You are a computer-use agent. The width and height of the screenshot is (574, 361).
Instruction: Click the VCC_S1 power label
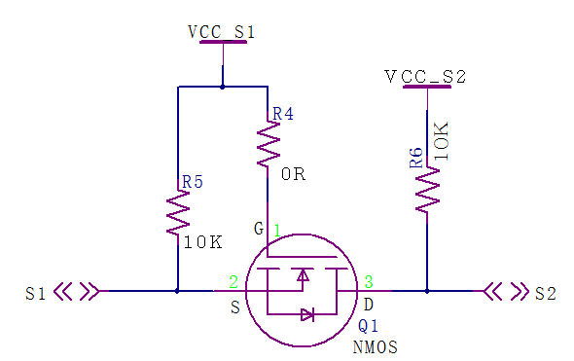coord(222,32)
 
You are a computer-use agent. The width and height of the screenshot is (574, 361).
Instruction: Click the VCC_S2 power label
coord(425,76)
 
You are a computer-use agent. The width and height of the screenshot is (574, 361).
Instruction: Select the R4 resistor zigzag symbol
coord(267,145)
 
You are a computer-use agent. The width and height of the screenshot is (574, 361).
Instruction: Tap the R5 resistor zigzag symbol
coord(178,211)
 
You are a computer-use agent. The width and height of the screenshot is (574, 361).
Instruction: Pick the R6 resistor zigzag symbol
coord(427,192)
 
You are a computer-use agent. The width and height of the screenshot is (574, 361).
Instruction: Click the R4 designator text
coord(282,115)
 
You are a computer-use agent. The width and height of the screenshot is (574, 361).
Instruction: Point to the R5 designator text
coord(193,181)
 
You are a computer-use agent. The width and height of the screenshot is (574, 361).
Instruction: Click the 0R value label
coord(293,175)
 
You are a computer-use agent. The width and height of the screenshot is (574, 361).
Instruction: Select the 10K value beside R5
coord(203,242)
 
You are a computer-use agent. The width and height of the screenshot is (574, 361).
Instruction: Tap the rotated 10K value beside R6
coord(442,141)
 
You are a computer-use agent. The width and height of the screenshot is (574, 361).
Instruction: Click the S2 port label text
coord(545,293)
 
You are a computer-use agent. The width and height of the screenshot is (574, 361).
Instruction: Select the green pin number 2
coord(233,282)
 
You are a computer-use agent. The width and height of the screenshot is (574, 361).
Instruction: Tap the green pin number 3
coord(369,282)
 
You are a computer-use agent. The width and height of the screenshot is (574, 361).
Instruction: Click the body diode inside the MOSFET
coord(307,314)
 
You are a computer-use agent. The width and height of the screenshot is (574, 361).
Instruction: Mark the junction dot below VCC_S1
coord(223,87)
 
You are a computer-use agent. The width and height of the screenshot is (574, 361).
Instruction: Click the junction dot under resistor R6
coord(427,290)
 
